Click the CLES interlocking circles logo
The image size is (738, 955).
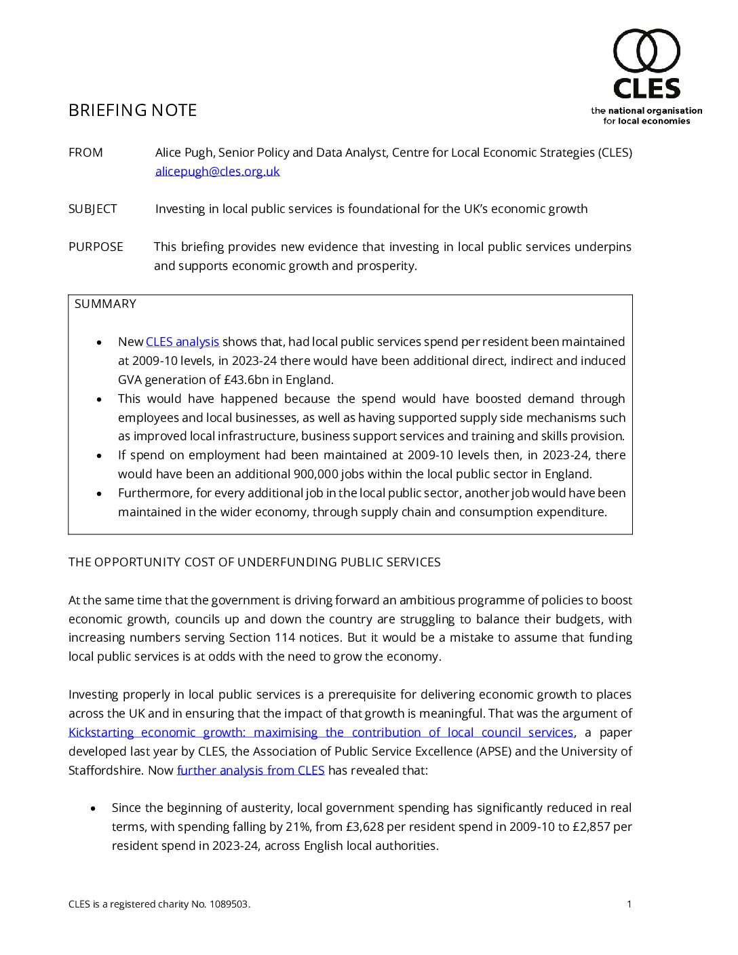646,51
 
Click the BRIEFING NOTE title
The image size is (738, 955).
132,111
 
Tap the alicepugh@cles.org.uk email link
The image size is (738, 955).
217,172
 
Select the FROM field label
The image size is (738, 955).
85,153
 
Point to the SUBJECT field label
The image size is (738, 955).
92,209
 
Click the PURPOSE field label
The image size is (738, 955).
96,247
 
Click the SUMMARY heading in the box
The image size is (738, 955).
105,304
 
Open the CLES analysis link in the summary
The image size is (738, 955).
182,342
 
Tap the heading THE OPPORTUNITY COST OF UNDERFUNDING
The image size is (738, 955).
254,562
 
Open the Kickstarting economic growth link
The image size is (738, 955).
321,733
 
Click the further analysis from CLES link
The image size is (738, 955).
250,771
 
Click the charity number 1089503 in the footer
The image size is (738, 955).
229,904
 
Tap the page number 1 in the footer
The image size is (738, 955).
629,904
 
